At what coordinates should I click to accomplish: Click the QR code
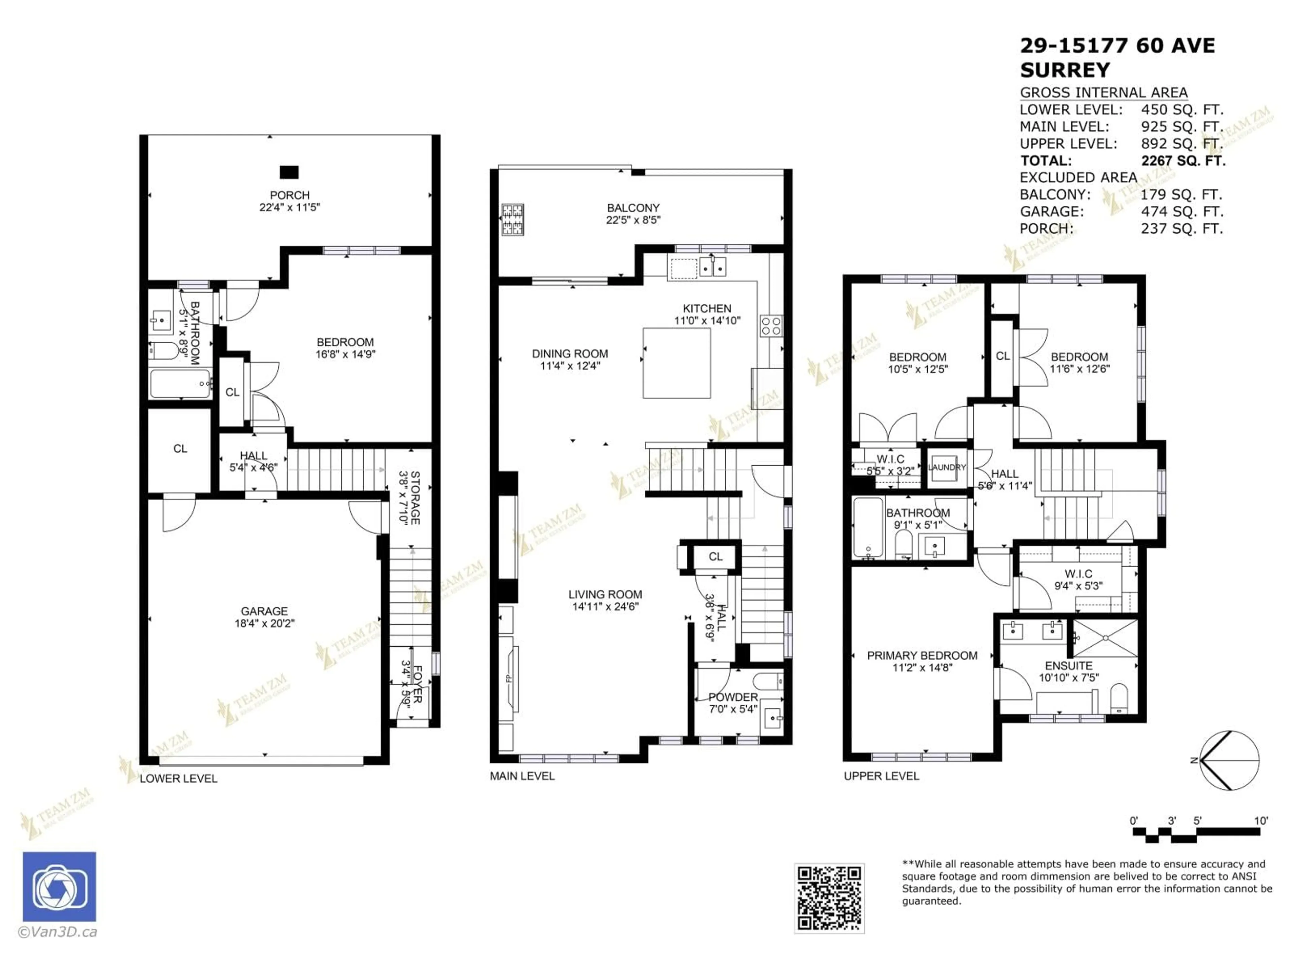pos(829,898)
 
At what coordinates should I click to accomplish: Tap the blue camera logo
pos(59,887)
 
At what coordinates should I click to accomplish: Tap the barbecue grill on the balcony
pos(512,219)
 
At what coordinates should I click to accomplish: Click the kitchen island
pos(677,363)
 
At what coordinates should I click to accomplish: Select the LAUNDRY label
pos(947,467)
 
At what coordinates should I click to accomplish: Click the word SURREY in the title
pos(1064,70)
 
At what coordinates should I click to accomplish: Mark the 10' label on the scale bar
pos(1261,821)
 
